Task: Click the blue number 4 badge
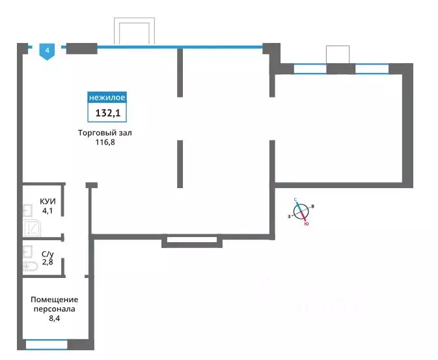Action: point(48,51)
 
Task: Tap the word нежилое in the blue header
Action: point(107,98)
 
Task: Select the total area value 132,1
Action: point(108,113)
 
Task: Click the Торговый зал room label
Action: point(105,133)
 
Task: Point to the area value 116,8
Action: point(105,143)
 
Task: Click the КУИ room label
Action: point(48,201)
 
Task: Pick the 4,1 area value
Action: point(48,211)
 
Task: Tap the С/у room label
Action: point(48,254)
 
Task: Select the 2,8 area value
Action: point(48,262)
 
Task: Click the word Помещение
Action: point(55,299)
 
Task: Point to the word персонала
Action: point(55,309)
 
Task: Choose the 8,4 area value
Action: point(55,318)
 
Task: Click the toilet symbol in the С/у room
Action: point(31,266)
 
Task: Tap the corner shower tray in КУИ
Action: point(33,228)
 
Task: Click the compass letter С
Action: point(295,200)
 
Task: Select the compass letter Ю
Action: point(307,223)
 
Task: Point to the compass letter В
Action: point(313,206)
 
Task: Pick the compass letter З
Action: point(289,216)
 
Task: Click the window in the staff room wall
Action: point(47,344)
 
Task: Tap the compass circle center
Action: point(301,212)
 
